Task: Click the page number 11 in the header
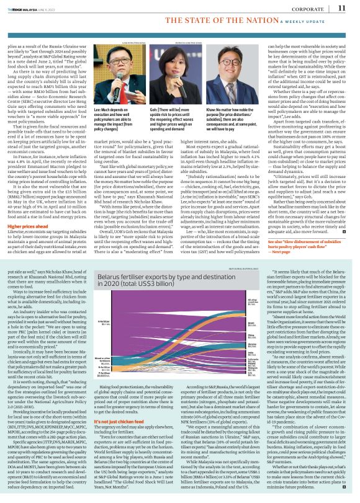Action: click(341, 8)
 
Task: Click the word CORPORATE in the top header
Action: click(306, 8)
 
